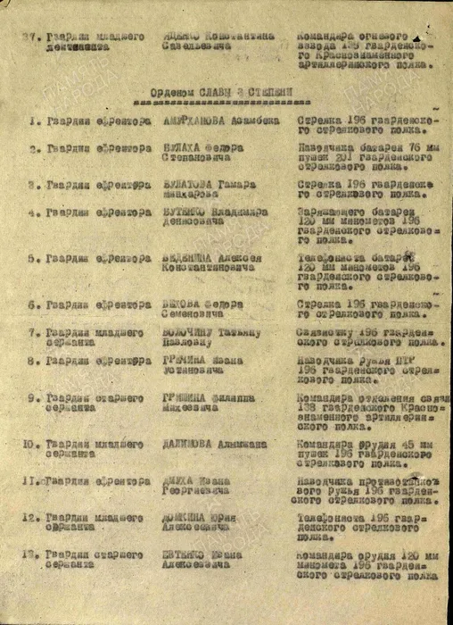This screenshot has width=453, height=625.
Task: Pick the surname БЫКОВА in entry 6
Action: [x=183, y=304]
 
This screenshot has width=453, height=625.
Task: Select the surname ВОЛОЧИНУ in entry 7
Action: [x=189, y=332]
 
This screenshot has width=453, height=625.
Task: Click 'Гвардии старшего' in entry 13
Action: [x=95, y=554]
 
